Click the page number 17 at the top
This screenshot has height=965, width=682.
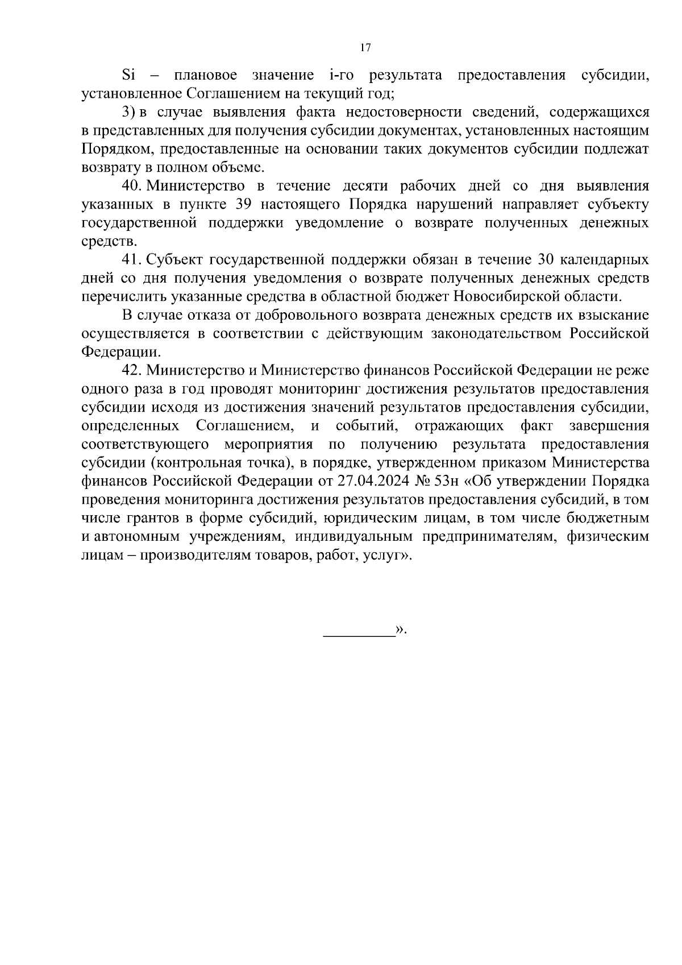pos(365,48)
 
